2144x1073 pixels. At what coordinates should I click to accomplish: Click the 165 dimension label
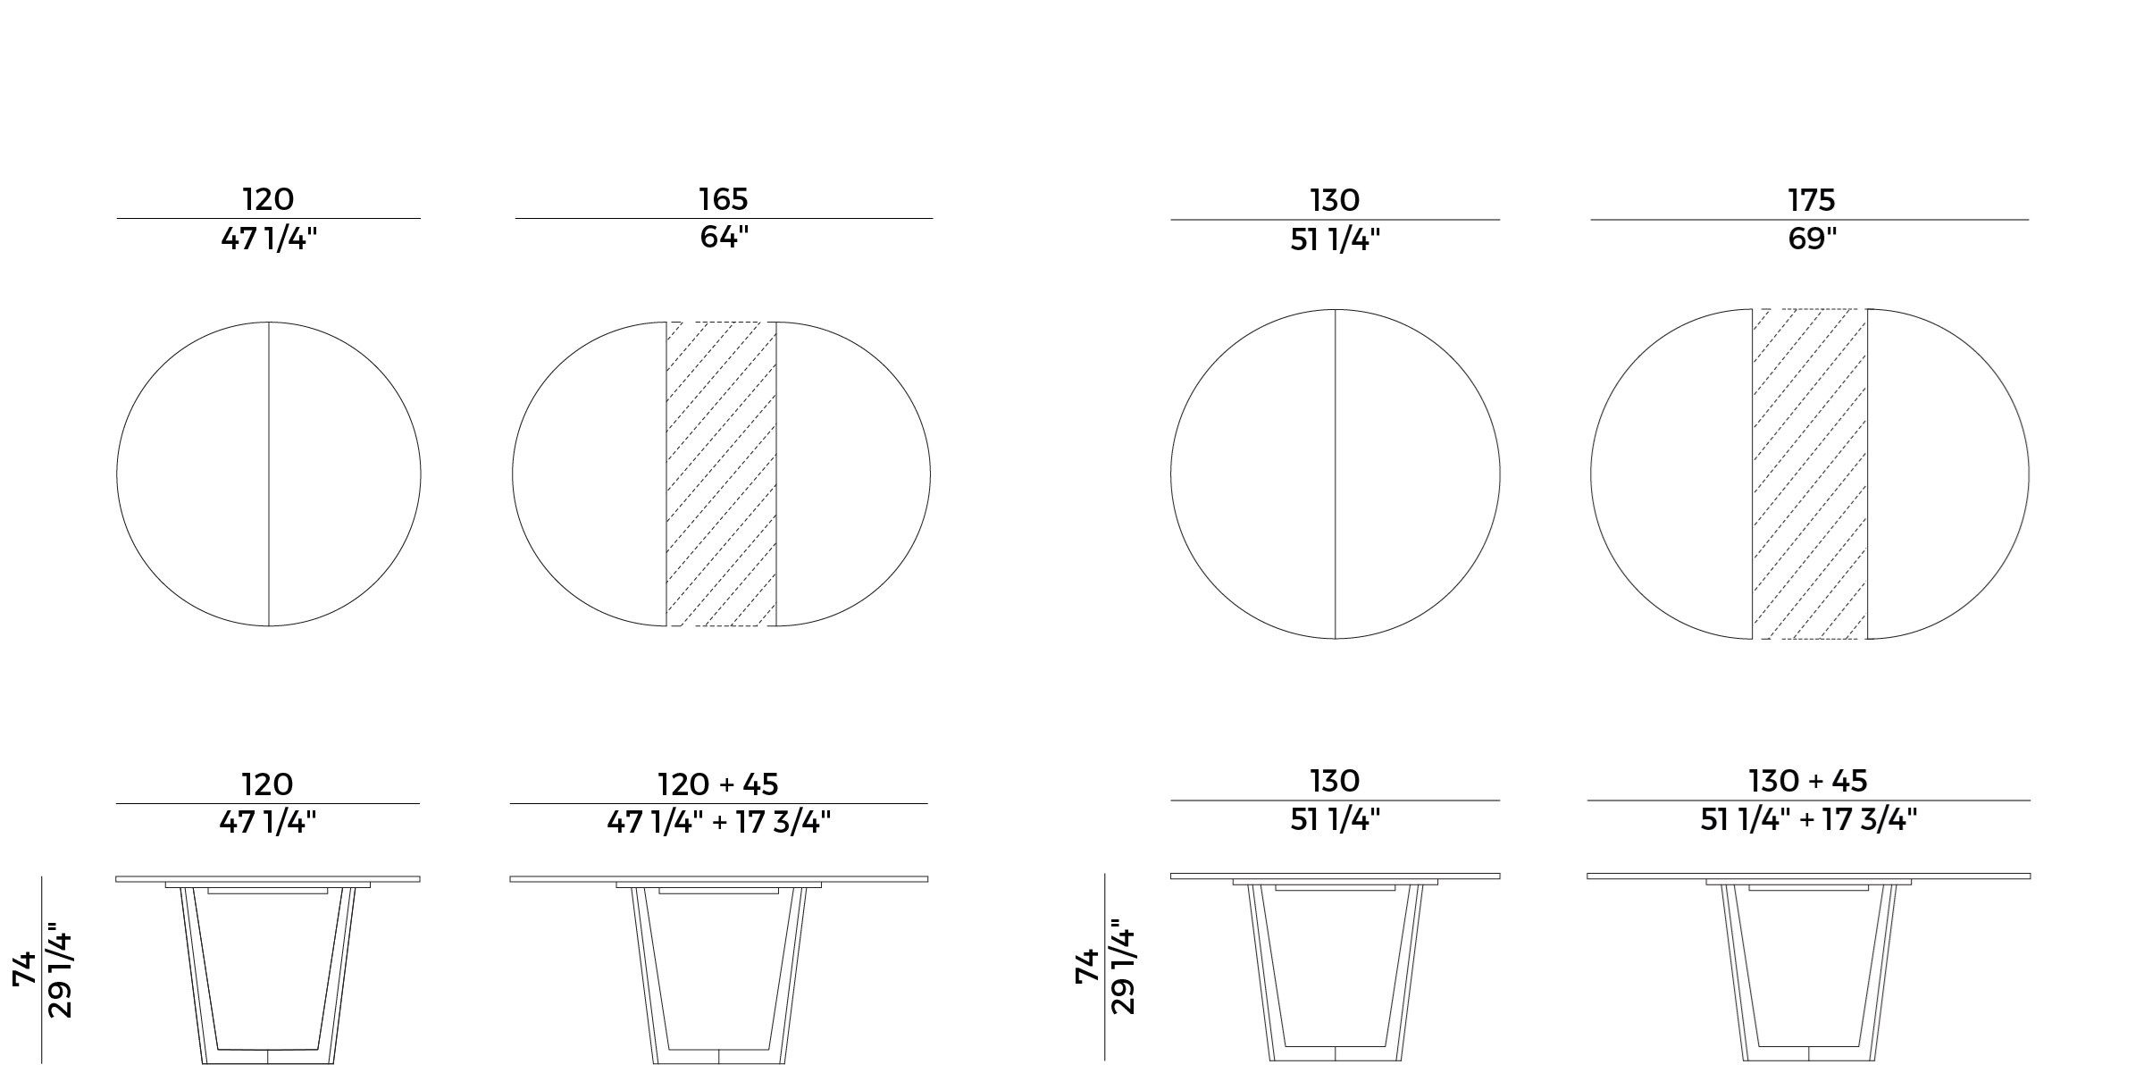pos(723,199)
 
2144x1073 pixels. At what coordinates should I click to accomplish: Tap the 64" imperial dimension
pos(723,238)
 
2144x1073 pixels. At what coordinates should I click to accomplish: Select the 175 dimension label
pos(1811,200)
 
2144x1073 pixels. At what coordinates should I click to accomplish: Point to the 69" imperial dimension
pos(1811,239)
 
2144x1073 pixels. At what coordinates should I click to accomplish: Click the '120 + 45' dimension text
pos(718,784)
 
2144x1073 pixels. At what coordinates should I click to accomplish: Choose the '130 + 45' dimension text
pos(1808,781)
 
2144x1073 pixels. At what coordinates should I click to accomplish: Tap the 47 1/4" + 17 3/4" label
pos(719,822)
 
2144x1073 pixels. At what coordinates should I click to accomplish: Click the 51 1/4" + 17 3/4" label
pos(1808,819)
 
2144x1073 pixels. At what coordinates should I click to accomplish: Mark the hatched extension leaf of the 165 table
pos(721,474)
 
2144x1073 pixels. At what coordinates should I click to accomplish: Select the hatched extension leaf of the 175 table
pos(1809,474)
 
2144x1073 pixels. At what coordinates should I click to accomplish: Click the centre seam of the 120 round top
pos(269,474)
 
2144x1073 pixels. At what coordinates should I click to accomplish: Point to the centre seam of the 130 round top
pos(1336,474)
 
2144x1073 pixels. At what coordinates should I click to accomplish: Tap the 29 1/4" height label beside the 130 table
pos(1124,970)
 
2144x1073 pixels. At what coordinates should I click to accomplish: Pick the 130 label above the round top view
pos(1335,200)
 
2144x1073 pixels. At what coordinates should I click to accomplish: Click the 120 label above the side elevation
pos(267,784)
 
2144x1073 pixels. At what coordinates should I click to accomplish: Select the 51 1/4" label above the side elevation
pos(1335,819)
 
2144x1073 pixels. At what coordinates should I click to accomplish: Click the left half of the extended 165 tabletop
pos(590,474)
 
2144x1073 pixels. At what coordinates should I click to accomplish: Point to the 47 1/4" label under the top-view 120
pos(269,239)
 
